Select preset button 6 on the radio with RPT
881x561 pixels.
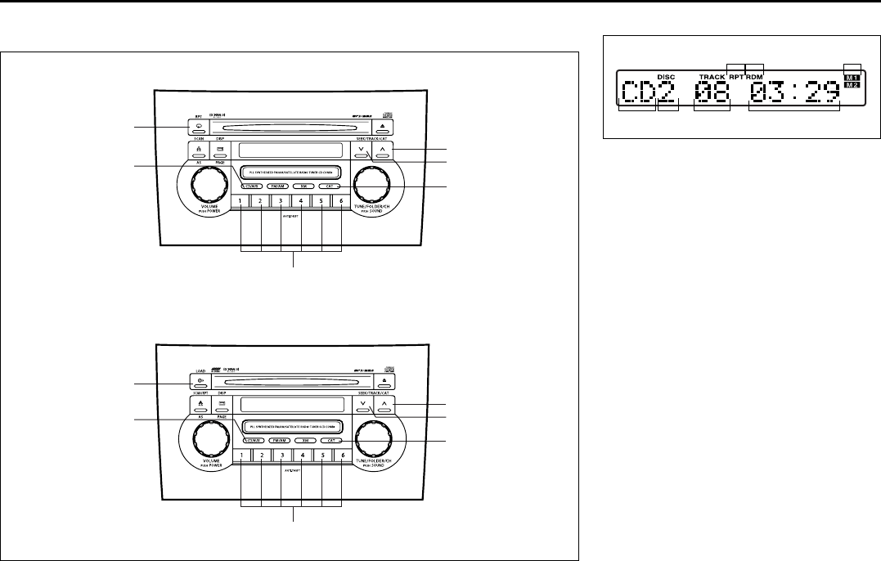pos(343,202)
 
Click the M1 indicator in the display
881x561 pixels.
pos(852,77)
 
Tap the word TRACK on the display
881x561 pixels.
pos(712,78)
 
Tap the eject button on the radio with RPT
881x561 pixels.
pos(383,128)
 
